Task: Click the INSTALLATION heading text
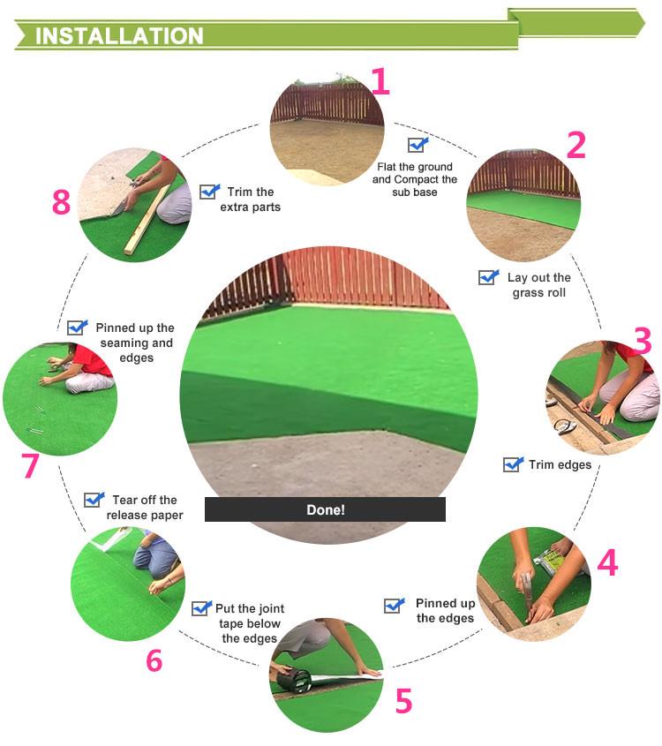click(x=119, y=36)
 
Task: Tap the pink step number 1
click(x=380, y=81)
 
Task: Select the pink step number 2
click(x=575, y=145)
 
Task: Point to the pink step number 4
click(x=607, y=563)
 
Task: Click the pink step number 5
click(x=403, y=701)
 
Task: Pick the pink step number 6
click(x=154, y=660)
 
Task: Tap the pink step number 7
click(x=30, y=465)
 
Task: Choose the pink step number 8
click(x=62, y=201)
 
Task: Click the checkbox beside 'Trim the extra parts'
click(x=210, y=192)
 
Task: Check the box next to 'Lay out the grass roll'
click(x=488, y=277)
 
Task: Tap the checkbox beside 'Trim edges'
click(x=513, y=463)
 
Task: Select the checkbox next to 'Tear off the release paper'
click(x=94, y=500)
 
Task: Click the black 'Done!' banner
click(x=326, y=509)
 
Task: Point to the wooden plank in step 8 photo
click(x=147, y=220)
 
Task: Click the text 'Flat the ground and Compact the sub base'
click(x=415, y=179)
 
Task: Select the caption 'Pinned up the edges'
click(x=445, y=610)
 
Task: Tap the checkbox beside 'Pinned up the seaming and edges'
click(x=78, y=328)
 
